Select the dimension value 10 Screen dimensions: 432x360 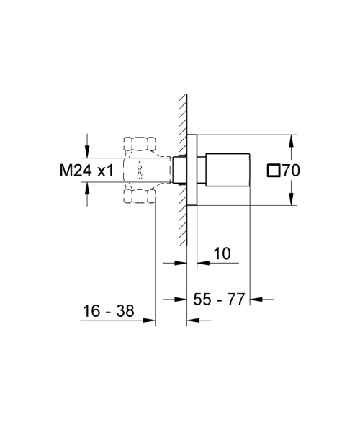tap(222, 253)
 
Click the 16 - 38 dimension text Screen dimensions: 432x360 tap(109, 311)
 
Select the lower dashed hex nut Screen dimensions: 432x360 tap(139, 197)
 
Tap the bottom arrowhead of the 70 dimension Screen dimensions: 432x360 tap(292, 201)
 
